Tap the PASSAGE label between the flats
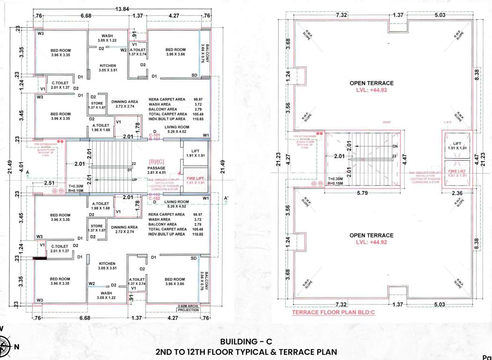157,167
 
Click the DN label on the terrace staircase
395,146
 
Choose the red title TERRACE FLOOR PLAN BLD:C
333,312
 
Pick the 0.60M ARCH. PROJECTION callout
188,308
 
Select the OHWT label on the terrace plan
387,123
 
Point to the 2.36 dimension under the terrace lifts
457,193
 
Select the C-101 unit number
155,135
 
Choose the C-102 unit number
155,198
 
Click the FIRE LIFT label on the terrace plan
457,172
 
